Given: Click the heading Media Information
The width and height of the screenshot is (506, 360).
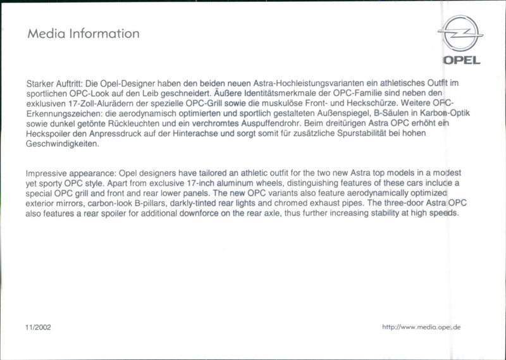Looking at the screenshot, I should tap(83, 34).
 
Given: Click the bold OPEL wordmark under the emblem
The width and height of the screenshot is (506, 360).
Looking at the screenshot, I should tap(461, 61).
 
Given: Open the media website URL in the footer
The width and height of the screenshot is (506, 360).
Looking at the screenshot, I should tap(421, 327).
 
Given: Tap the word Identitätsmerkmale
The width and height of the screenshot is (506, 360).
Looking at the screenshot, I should tap(264, 93).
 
